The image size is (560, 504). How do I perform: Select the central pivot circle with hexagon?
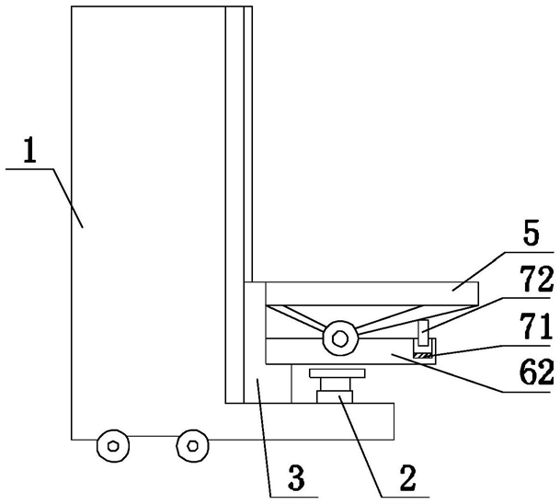(340, 338)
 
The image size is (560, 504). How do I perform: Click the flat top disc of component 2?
(339, 375)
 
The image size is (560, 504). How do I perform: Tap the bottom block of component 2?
(339, 396)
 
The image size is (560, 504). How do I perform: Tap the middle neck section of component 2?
(339, 384)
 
